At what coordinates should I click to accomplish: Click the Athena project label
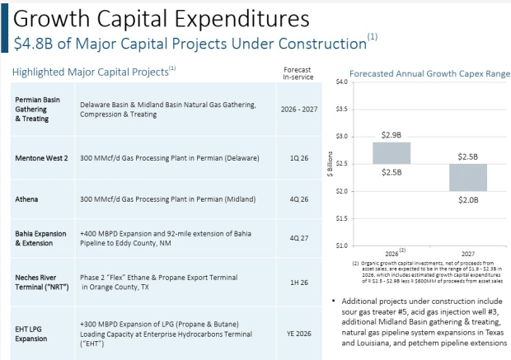[26, 198]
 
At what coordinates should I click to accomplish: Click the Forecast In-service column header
[296, 72]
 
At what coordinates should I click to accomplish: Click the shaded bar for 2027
[466, 176]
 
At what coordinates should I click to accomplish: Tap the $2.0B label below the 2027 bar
[466, 199]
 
